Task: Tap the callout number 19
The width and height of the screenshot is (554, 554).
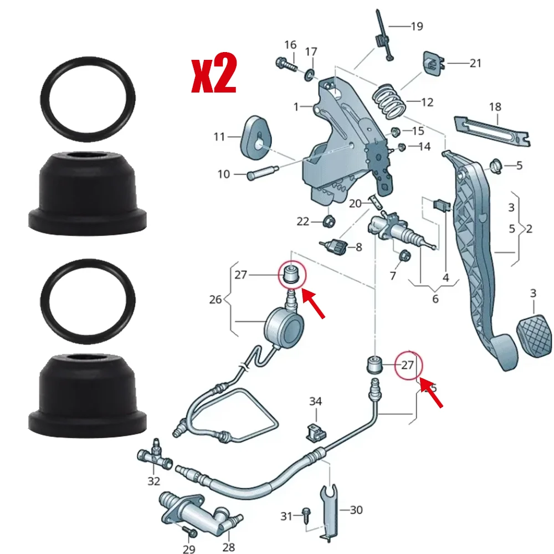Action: coord(417,25)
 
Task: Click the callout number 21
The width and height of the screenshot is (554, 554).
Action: coord(475,63)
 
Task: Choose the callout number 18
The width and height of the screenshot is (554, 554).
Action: coord(495,106)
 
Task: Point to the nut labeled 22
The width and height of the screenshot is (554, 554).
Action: coord(329,222)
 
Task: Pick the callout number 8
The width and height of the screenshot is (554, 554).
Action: coord(359,247)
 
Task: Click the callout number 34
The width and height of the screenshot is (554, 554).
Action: coord(315,401)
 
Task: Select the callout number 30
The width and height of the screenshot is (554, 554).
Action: coord(356,510)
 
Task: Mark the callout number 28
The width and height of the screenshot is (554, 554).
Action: coord(228,547)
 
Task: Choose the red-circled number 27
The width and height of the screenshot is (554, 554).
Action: coord(407,365)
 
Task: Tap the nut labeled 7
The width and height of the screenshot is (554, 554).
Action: coord(404,257)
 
